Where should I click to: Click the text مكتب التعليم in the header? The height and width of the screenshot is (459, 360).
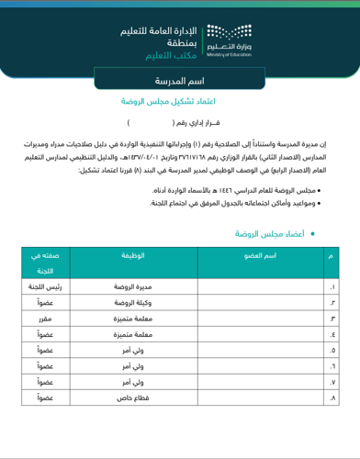click(x=168, y=56)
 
